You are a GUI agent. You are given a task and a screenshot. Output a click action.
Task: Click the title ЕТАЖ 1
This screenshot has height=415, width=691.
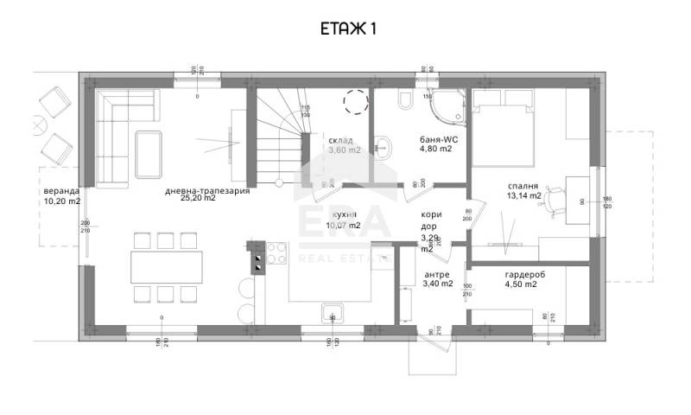tap(345, 29)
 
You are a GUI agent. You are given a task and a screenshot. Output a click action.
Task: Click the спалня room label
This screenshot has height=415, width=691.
tap(524, 185)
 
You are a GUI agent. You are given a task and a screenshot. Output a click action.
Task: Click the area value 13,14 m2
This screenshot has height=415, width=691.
tap(523, 195)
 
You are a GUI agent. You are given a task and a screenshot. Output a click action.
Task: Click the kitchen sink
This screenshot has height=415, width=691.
tap(333, 312)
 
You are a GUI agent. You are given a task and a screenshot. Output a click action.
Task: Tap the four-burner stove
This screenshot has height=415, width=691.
tap(276, 253)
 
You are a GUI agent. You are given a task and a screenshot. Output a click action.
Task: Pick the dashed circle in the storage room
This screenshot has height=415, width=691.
tap(355, 102)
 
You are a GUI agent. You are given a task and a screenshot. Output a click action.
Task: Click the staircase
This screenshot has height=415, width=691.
tap(278, 134)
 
